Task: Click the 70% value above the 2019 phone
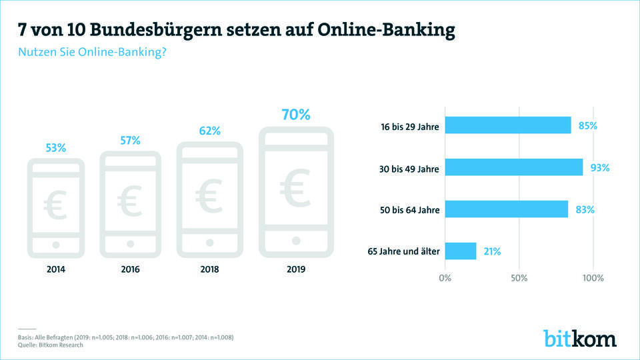tap(295, 115)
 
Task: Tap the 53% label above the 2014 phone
tap(55, 148)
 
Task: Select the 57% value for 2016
tap(130, 141)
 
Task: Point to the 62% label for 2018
tap(209, 131)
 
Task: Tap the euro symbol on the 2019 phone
tap(295, 189)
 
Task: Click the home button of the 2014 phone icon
tap(55, 245)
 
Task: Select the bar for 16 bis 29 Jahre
tap(508, 125)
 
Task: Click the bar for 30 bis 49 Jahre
tap(514, 167)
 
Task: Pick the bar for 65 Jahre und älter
tap(461, 251)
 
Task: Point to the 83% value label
tap(585, 209)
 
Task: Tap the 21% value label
tap(492, 251)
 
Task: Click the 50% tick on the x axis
tap(519, 277)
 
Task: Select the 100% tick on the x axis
tap(593, 277)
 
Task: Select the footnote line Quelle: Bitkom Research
tap(51, 345)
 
